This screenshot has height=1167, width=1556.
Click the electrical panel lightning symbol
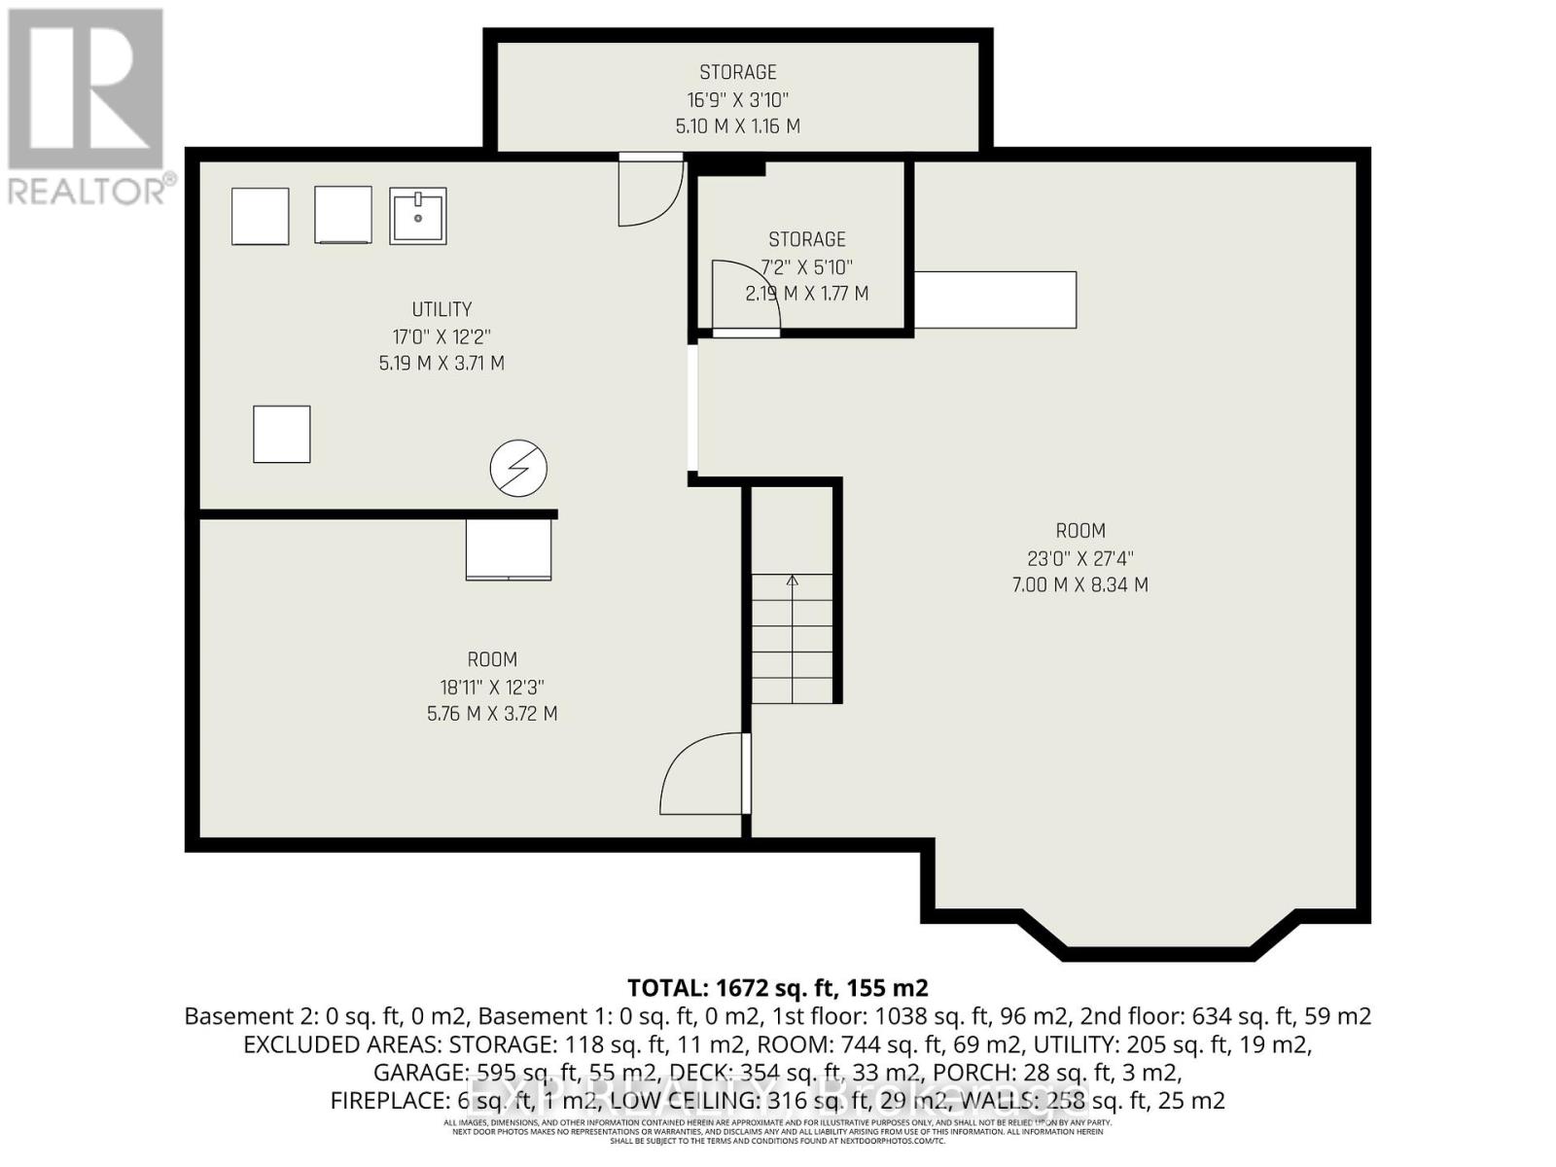(518, 468)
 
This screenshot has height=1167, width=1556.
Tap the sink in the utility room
(418, 216)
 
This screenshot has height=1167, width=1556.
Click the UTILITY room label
(442, 309)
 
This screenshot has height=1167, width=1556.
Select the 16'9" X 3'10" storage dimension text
(738, 99)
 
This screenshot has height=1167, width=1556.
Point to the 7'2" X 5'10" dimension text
(807, 266)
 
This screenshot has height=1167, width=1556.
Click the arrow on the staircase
(792, 583)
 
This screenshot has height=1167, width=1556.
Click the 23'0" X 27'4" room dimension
(1080, 558)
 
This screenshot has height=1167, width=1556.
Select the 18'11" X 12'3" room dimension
(492, 687)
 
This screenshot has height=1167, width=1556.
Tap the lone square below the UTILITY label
(282, 434)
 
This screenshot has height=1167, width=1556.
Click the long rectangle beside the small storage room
(995, 300)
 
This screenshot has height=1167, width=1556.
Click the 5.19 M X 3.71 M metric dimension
(442, 364)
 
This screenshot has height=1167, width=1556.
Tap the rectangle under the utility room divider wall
(509, 549)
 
